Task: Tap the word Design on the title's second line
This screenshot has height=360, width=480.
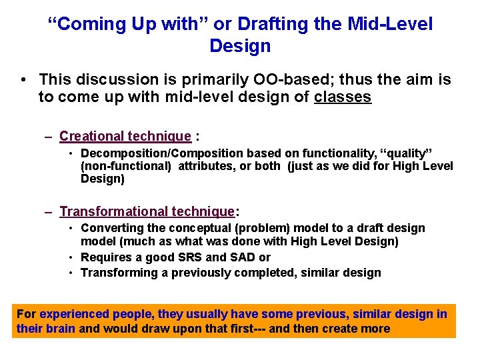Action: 240,46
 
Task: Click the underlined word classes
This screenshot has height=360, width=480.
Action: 343,97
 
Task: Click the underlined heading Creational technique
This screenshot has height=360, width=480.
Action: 125,137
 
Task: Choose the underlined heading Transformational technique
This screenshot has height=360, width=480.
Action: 147,212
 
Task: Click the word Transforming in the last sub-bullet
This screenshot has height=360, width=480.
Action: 117,272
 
